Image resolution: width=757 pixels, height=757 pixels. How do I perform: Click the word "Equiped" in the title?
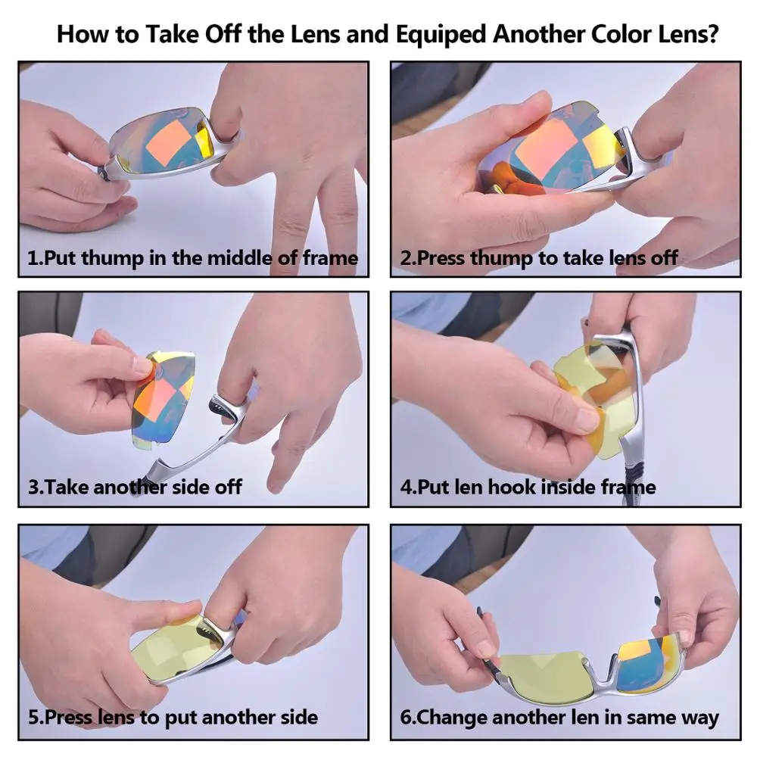tap(441, 35)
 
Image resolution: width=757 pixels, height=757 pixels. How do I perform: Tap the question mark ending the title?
tap(712, 34)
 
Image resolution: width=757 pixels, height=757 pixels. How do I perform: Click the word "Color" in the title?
tap(621, 34)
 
